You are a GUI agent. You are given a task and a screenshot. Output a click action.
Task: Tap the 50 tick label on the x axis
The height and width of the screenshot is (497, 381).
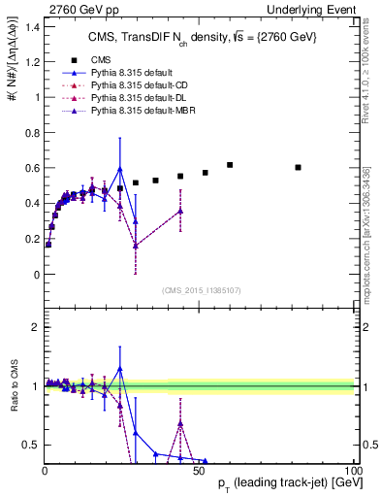pos(199,469)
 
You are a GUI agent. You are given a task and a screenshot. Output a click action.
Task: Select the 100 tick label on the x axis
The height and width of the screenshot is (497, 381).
pos(353,469)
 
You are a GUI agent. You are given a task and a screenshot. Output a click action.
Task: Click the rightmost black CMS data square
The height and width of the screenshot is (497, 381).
pos(299,167)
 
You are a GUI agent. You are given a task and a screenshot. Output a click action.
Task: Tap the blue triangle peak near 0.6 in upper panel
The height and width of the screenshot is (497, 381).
pos(120,169)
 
